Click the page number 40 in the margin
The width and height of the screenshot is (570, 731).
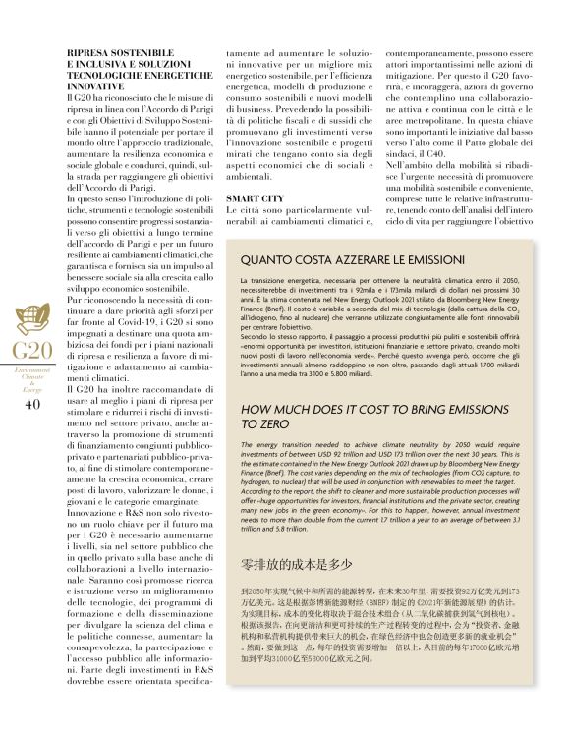tap(31, 403)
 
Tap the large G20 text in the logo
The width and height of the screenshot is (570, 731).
tap(31, 351)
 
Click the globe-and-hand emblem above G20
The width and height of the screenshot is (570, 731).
tap(29, 320)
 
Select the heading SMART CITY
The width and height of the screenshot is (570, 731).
tap(256, 198)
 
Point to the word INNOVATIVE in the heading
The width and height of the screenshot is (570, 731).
tap(98, 88)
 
